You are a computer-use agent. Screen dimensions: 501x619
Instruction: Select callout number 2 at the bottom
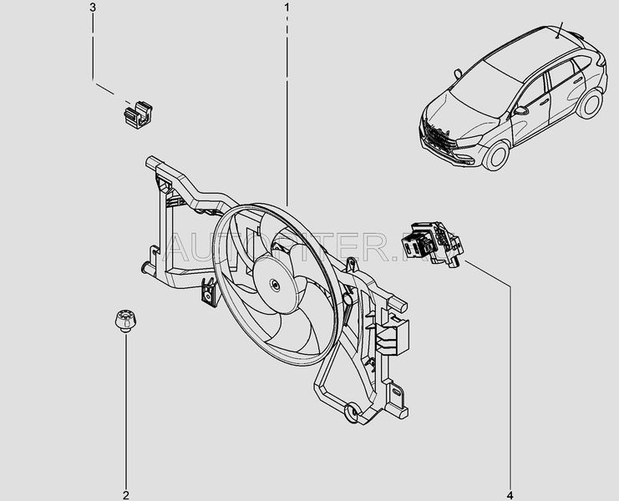[126, 473]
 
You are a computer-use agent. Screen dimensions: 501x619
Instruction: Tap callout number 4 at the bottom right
[509, 480]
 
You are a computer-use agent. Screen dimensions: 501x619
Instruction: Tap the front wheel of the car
[499, 156]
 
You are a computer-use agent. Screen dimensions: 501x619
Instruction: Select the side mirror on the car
[521, 109]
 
